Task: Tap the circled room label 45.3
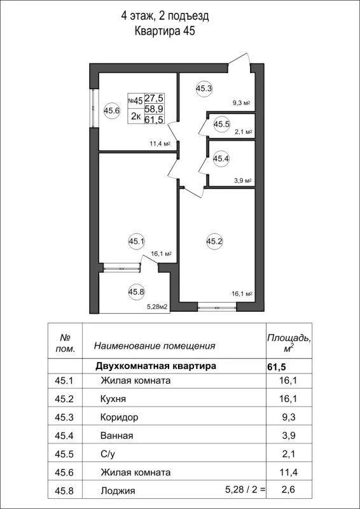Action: tap(204, 89)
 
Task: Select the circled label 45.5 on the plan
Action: tap(221, 125)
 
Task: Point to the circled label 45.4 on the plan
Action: tap(221, 158)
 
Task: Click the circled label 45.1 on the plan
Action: tap(137, 241)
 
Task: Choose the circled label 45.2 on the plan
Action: tap(214, 241)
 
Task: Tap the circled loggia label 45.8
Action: tap(137, 292)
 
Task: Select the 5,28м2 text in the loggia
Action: tap(157, 307)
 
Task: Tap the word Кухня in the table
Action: tap(113, 399)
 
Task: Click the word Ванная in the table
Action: tap(116, 436)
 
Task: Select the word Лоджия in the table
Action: tap(118, 491)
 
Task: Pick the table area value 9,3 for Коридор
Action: tap(288, 417)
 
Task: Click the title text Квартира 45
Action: tap(165, 31)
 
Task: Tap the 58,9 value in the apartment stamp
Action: tap(154, 109)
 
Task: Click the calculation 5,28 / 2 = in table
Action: tap(245, 491)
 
